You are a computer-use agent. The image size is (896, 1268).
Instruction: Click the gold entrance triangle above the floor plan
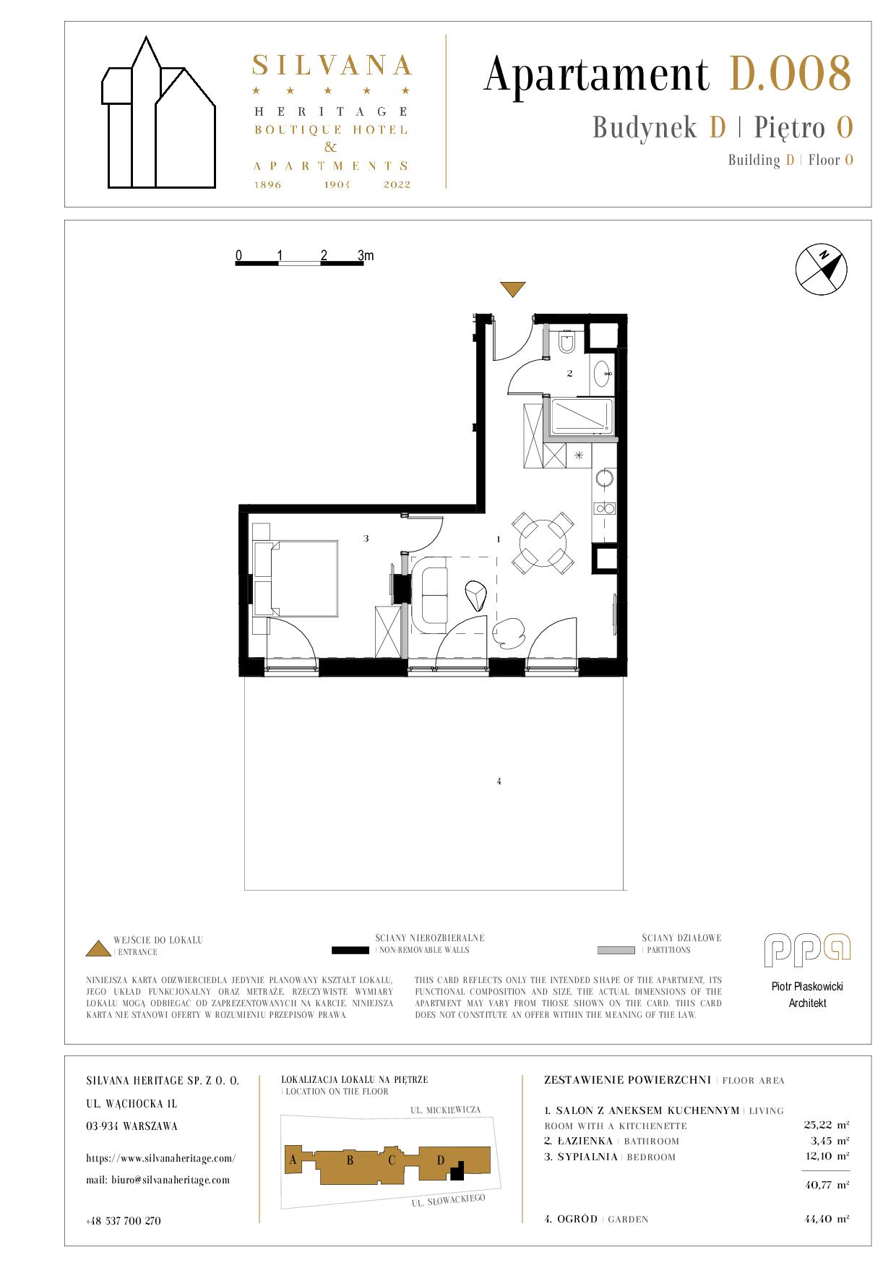(514, 288)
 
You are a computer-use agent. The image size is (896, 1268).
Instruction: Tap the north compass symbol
(821, 270)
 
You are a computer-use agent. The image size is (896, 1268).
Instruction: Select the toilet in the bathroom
(567, 342)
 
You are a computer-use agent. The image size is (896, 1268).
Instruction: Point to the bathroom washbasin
(602, 374)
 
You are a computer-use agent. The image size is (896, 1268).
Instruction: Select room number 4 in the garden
(499, 781)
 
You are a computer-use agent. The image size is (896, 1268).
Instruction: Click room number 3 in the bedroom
(366, 538)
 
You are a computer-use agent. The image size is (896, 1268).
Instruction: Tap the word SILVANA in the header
(332, 66)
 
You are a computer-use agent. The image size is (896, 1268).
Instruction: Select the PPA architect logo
(807, 950)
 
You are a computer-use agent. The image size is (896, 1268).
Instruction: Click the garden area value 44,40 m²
(827, 1219)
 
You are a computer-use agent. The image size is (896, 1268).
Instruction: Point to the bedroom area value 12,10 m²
(827, 1157)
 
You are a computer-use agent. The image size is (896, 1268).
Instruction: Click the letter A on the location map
(293, 1160)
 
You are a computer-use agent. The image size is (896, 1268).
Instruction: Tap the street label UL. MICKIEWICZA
(445, 1110)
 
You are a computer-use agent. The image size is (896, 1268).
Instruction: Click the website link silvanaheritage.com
(161, 1157)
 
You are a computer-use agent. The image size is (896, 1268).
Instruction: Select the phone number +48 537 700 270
(124, 1220)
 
